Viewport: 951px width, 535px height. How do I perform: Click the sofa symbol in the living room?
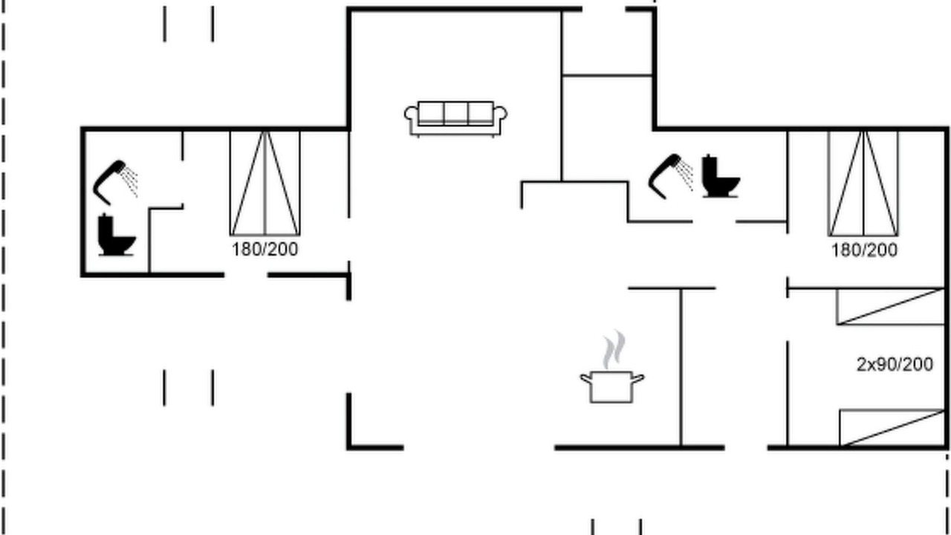tap(455, 119)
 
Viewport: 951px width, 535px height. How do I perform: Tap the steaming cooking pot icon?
tap(612, 367)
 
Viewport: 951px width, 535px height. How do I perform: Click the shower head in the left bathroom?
tap(109, 181)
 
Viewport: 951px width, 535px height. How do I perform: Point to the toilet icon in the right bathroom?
tap(721, 176)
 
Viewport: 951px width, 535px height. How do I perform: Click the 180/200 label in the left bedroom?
tap(265, 249)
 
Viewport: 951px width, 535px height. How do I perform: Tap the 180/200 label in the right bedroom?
tap(864, 250)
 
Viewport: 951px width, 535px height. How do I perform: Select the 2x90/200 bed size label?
tap(895, 364)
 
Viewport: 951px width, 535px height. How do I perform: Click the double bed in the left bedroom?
tap(265, 184)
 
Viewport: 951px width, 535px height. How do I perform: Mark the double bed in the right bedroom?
tap(863, 184)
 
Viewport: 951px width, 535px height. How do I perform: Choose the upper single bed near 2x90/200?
tap(891, 307)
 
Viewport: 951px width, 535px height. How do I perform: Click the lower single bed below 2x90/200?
tap(892, 428)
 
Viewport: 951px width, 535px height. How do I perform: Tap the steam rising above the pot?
tap(614, 349)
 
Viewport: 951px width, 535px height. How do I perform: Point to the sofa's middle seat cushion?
tap(456, 114)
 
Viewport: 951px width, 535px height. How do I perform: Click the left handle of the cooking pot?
tap(586, 378)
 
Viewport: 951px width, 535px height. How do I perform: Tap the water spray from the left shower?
tap(130, 181)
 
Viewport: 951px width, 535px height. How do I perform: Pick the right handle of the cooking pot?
tap(638, 378)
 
